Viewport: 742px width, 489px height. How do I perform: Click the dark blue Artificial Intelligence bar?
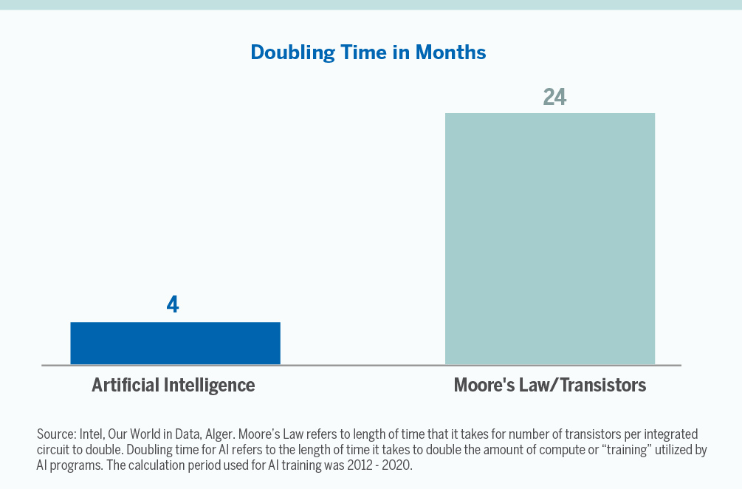pyautogui.click(x=175, y=343)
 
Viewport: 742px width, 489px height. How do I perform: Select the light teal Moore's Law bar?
pyautogui.click(x=549, y=238)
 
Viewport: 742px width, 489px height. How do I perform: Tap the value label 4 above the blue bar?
pyautogui.click(x=173, y=304)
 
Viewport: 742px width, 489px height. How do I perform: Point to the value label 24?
pyautogui.click(x=554, y=97)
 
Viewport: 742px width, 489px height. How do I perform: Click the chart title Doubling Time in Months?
pyautogui.click(x=368, y=52)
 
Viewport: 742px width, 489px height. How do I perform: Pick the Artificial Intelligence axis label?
pyautogui.click(x=174, y=385)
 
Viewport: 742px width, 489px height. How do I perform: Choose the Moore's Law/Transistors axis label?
pyautogui.click(x=549, y=385)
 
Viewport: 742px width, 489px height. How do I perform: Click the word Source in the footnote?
pyautogui.click(x=55, y=434)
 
